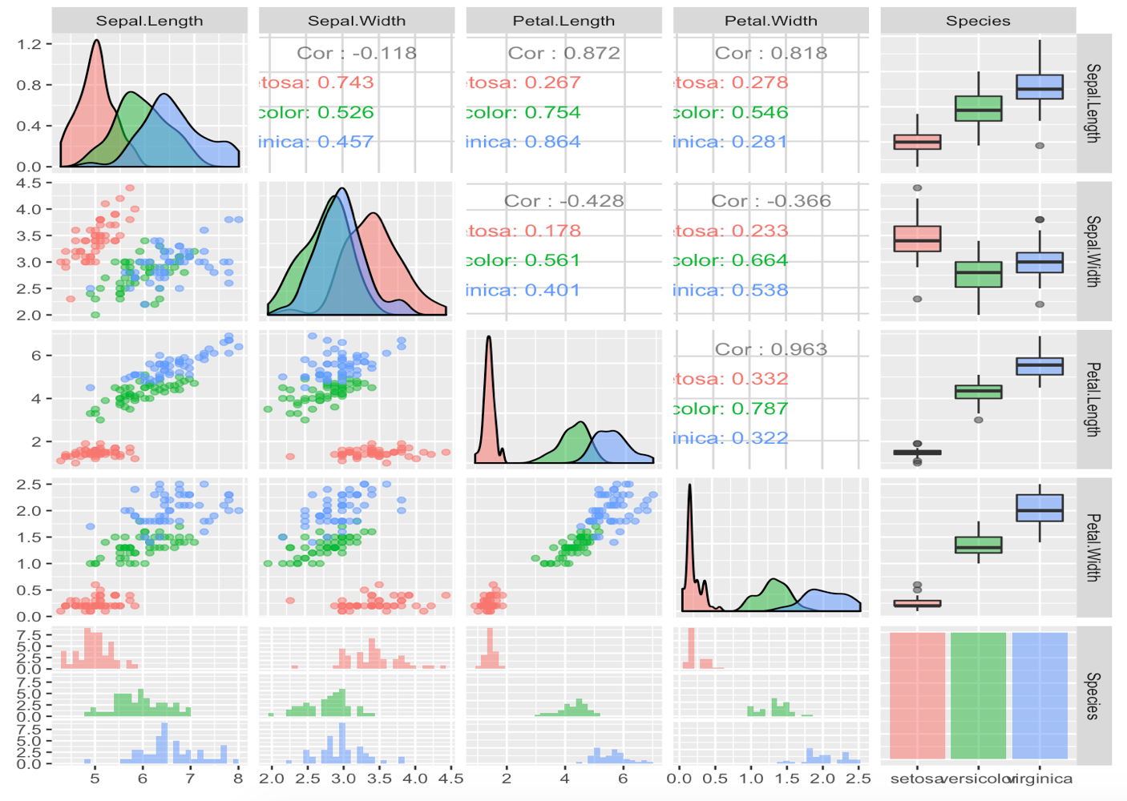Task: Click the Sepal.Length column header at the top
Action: coord(149,21)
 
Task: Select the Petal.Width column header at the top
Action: coord(770,21)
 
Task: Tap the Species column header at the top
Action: coord(977,21)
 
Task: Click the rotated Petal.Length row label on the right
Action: coord(1093,399)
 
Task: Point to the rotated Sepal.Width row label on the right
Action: coord(1093,251)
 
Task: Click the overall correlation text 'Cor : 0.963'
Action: coord(770,349)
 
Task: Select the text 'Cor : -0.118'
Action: coord(357,53)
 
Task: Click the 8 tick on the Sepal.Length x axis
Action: coord(237,778)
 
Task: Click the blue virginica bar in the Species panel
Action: coord(1040,695)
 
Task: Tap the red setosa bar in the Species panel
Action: coord(917,695)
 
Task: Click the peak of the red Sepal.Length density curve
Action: coord(97,41)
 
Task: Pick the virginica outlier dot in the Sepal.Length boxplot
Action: coord(1040,146)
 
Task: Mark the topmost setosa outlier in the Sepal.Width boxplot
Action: coord(917,188)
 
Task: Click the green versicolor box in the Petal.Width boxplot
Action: coord(978,545)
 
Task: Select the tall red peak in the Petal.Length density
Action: coord(488,338)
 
